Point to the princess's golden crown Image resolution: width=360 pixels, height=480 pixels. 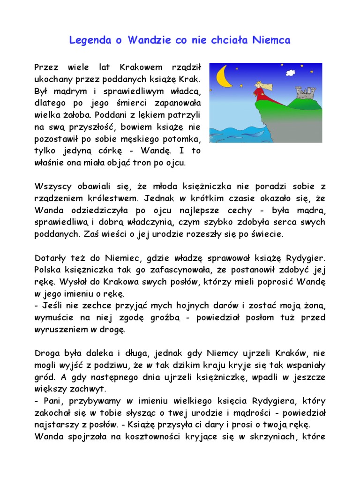point(257,83)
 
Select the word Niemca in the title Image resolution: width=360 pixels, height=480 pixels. point(272,40)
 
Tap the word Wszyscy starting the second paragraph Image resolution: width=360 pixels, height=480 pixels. point(52,186)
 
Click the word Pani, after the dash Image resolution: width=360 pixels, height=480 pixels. point(50,402)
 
